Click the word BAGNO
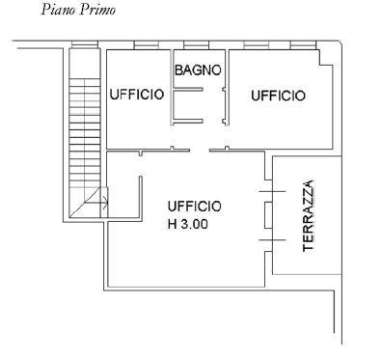coord(198,69)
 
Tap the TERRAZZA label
coord(308,216)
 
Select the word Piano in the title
coord(59,10)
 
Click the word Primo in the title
coord(97,10)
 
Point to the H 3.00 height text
coord(188,224)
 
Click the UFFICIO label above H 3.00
coord(195,207)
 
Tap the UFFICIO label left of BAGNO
coord(137,95)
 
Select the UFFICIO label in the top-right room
coord(278,96)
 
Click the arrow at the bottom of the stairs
coord(95,203)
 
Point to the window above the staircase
coord(85,44)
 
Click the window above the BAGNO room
coord(196,45)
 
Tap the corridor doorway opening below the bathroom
coord(200,150)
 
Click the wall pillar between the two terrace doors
coord(268,215)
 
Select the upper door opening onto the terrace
coord(272,192)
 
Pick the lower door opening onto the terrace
coord(272,240)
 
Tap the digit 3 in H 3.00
coord(184,224)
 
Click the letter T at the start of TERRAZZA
coord(308,248)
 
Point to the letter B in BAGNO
coord(178,69)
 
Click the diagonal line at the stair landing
coord(85,202)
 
